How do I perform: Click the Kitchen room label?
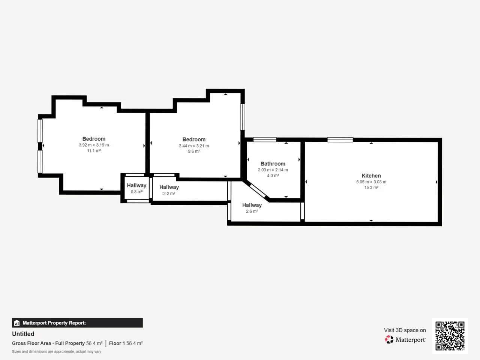click(x=371, y=176)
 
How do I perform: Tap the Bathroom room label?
click(x=273, y=164)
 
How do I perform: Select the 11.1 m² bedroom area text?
click(x=94, y=151)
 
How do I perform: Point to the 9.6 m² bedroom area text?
click(x=194, y=151)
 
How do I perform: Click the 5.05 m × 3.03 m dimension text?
click(x=371, y=182)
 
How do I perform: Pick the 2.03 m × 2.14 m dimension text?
click(x=273, y=170)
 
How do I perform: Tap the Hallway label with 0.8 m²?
click(x=136, y=185)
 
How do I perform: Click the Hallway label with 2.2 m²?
click(x=169, y=187)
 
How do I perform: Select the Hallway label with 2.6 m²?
click(x=252, y=205)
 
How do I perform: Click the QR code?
click(x=450, y=336)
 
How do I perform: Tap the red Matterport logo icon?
click(x=389, y=339)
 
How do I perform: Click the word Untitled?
click(x=23, y=334)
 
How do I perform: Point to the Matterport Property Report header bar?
click(x=77, y=323)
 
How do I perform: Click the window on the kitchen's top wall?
click(x=340, y=139)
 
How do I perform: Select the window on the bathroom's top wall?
click(x=265, y=139)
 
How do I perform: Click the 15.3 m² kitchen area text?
click(x=371, y=187)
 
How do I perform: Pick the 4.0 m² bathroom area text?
click(x=273, y=175)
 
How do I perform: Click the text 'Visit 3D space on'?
click(x=405, y=330)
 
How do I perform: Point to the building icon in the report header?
click(x=17, y=323)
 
